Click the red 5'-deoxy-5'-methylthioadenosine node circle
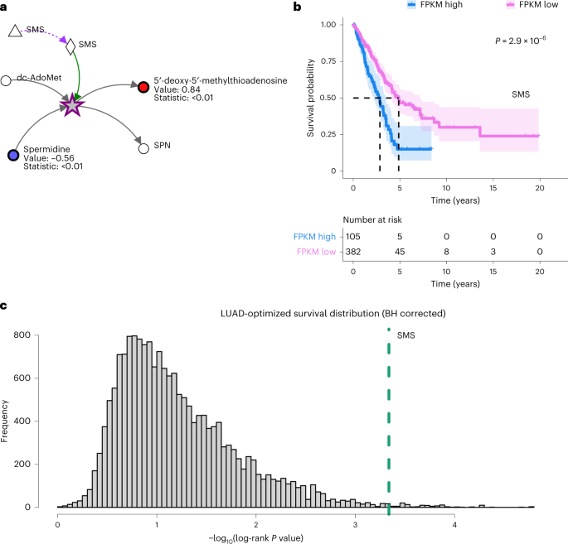[x=144, y=87]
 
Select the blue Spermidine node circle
[x=12, y=156]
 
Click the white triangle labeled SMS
[x=14, y=31]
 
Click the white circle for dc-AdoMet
[x=7, y=80]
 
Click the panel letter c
[x=4, y=306]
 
